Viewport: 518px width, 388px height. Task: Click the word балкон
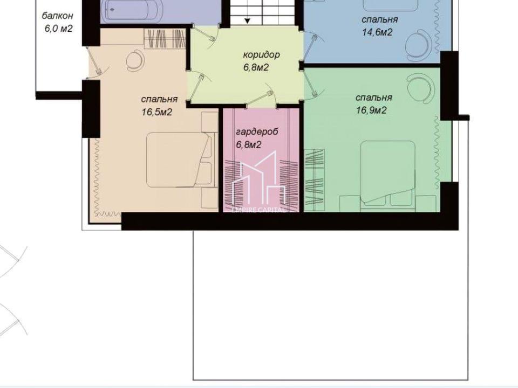58,16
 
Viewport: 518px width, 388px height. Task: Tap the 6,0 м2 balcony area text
58,29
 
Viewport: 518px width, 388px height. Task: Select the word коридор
261,55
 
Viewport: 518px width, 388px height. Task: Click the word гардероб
257,131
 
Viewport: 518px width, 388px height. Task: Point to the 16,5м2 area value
157,112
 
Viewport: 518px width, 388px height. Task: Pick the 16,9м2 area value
371,110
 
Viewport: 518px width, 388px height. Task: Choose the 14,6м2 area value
378,32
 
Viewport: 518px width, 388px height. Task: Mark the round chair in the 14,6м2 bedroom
417,46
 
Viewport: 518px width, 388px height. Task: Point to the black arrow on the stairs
248,20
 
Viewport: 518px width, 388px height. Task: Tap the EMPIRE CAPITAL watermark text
258,210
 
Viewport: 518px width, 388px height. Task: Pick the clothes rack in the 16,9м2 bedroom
315,180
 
